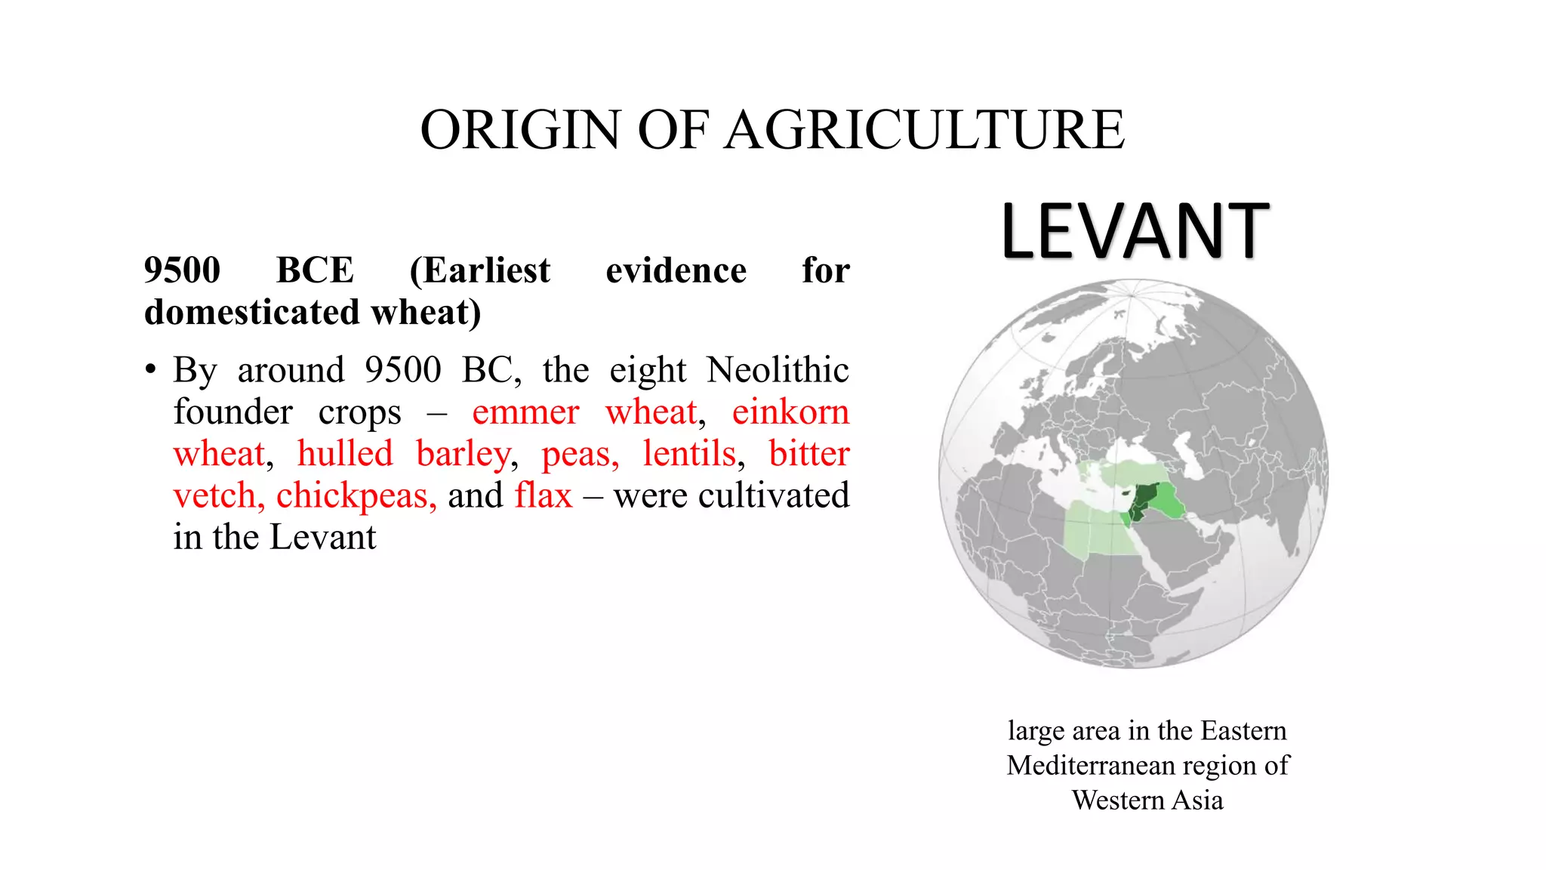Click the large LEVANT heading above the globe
point(1135,231)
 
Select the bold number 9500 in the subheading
point(182,270)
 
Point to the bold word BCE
point(315,270)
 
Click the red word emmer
point(525,412)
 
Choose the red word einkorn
point(790,412)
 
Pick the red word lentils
point(689,454)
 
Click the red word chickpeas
point(352,496)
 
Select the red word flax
point(544,496)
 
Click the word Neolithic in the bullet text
point(778,370)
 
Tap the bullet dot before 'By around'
point(152,370)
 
